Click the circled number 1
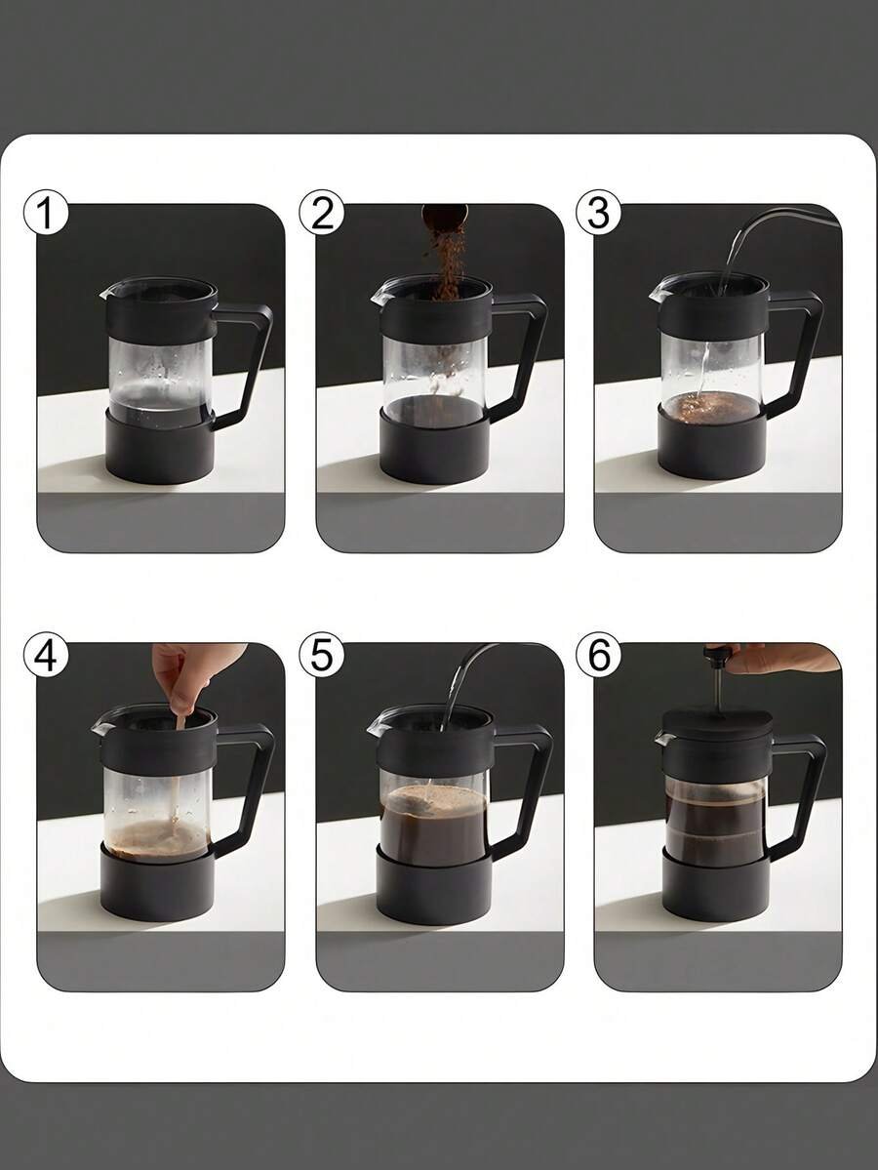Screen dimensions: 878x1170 pos(46,213)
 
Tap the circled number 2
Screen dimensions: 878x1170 pos(322,213)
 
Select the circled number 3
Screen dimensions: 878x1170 pos(598,213)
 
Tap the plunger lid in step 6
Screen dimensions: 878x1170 pos(714,725)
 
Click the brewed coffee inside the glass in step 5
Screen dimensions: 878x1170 pos(434,825)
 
